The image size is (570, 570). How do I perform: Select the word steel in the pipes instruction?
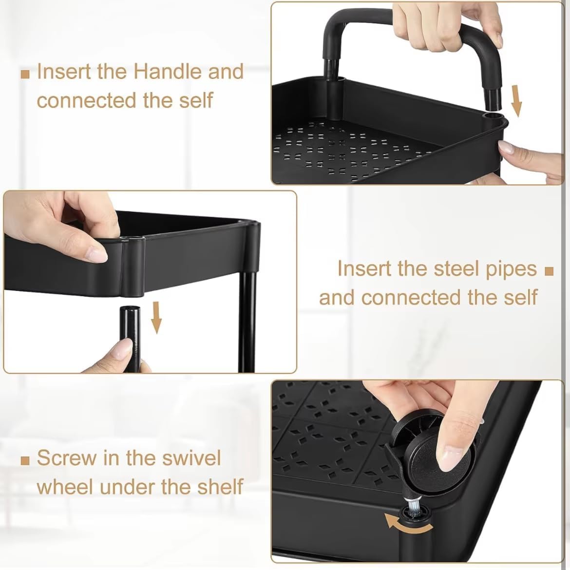(x=448, y=268)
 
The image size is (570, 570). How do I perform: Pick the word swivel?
(x=191, y=457)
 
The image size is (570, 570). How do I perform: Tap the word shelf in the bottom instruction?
(x=220, y=487)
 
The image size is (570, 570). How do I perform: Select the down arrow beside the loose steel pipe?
(x=156, y=317)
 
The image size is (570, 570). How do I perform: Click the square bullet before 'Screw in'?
(x=25, y=461)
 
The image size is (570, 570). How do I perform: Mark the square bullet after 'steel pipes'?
(x=549, y=271)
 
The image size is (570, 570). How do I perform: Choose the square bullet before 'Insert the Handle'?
(x=25, y=75)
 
